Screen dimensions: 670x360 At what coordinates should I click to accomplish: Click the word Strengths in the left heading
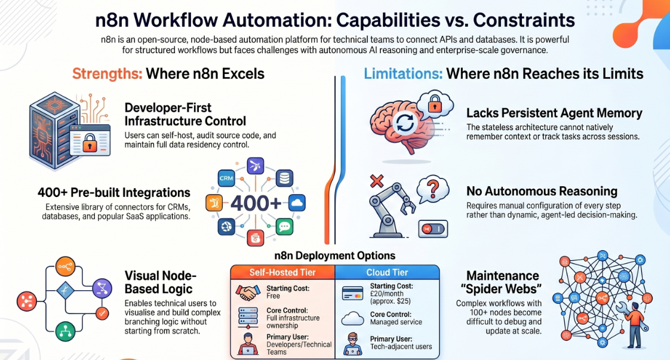107,74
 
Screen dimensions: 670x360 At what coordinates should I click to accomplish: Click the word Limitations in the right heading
403,74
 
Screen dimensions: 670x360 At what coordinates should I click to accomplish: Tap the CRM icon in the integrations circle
226,178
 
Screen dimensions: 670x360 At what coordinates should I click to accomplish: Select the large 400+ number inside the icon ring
256,203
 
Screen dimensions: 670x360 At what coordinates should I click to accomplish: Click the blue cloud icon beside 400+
297,202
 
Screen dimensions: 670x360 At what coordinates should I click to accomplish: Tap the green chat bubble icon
284,226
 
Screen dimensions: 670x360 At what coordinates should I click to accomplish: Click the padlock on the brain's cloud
435,104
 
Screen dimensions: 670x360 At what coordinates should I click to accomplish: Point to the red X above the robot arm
376,181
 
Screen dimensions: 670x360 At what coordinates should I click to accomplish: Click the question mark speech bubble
432,188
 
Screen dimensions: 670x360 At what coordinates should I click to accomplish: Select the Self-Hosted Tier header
282,272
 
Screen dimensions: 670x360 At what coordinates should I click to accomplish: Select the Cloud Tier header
387,272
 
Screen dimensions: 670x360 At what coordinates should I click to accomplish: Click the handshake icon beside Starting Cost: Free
248,293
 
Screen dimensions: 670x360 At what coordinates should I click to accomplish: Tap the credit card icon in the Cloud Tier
352,293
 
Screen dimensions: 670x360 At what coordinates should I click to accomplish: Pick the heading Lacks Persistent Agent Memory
554,113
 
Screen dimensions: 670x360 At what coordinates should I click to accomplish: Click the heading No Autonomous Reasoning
542,191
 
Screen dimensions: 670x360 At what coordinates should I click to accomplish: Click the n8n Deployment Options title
334,256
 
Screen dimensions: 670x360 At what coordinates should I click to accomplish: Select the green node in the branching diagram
65,331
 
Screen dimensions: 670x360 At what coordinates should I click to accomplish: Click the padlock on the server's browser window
90,144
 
